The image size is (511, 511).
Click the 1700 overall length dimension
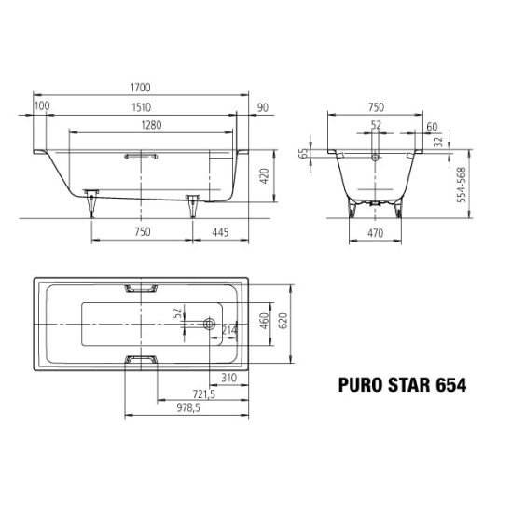[x=141, y=88]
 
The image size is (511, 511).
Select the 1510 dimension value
[x=142, y=107]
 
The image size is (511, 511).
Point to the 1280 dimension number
[x=152, y=125]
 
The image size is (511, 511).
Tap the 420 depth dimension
[x=265, y=176]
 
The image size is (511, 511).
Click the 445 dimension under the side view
[x=220, y=232]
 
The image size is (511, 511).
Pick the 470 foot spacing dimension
[x=375, y=233]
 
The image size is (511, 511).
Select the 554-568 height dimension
[x=462, y=185]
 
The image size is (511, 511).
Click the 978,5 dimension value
[x=188, y=407]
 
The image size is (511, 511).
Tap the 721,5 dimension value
[x=204, y=394]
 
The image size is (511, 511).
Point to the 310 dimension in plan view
[x=228, y=378]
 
